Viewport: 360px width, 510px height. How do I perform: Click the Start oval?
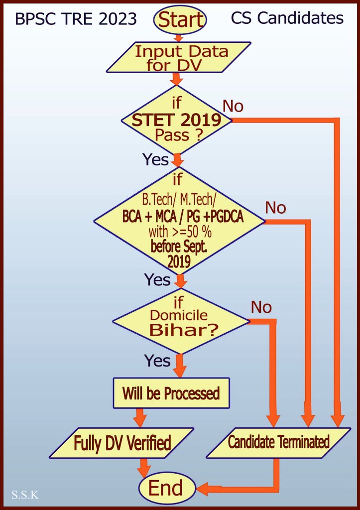click(180, 19)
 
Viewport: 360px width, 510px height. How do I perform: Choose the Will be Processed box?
click(171, 393)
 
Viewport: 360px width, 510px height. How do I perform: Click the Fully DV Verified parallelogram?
click(122, 443)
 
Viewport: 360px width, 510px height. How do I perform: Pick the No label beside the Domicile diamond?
click(261, 307)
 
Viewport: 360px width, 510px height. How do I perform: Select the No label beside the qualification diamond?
click(275, 207)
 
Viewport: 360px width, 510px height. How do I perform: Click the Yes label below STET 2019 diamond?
click(156, 159)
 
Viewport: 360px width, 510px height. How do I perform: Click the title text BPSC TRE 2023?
click(76, 19)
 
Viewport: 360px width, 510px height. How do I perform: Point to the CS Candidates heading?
click(287, 18)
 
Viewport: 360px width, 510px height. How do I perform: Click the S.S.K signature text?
click(25, 495)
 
